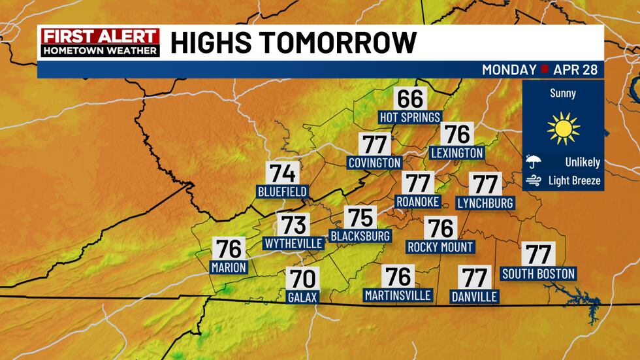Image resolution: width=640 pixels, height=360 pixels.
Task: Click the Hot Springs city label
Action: pyautogui.click(x=410, y=117)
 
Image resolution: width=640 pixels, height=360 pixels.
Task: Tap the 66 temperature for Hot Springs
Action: pyautogui.click(x=410, y=99)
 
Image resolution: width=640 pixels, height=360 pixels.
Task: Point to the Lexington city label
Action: pyautogui.click(x=457, y=153)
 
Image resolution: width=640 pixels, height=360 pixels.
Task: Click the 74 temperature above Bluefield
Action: pyautogui.click(x=283, y=174)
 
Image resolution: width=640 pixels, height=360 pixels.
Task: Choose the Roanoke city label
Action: pyautogui.click(x=418, y=201)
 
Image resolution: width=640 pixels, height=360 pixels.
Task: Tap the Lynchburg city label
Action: pyautogui.click(x=485, y=203)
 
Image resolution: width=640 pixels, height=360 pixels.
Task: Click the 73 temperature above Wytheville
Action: pyautogui.click(x=293, y=225)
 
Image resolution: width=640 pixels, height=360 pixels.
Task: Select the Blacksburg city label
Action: pyautogui.click(x=360, y=235)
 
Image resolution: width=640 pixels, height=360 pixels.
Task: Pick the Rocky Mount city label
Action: pyautogui.click(x=440, y=247)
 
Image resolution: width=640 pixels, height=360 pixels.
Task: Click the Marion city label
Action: pyautogui.click(x=229, y=267)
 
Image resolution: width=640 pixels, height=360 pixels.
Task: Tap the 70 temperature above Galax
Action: pyautogui.click(x=302, y=279)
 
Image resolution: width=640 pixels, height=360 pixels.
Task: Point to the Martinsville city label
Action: pyautogui.click(x=398, y=295)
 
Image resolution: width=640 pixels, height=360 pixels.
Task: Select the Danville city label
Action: pyautogui.click(x=475, y=297)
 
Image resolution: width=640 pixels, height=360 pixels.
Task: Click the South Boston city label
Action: pyautogui.click(x=538, y=273)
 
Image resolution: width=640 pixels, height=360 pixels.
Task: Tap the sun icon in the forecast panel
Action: pyautogui.click(x=564, y=129)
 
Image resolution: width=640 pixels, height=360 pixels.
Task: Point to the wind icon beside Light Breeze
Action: pyautogui.click(x=534, y=180)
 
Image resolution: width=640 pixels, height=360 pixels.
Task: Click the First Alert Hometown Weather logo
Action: pyautogui.click(x=99, y=42)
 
